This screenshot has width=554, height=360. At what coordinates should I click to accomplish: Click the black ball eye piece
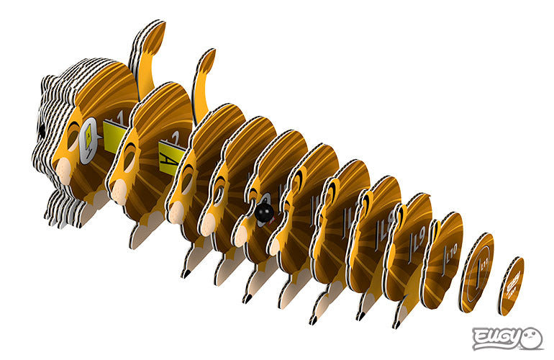[x=264, y=212]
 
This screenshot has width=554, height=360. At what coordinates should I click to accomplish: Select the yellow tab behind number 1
[x=114, y=132]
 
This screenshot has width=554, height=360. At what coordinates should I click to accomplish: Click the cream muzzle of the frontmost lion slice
[x=63, y=171]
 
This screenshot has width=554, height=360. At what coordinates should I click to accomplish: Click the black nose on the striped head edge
[x=42, y=130]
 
